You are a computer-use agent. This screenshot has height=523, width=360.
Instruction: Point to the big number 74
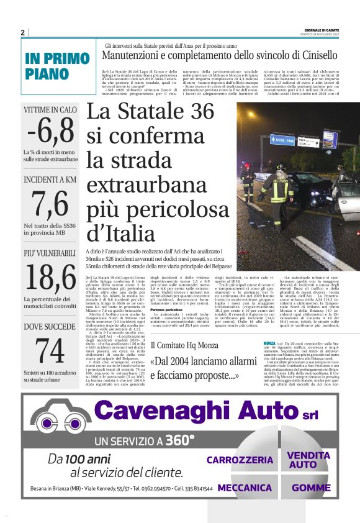50,350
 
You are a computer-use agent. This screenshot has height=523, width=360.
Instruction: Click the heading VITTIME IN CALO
50,110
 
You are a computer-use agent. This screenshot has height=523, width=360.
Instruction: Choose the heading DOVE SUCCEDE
50,327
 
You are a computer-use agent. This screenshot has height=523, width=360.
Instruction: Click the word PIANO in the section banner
48,74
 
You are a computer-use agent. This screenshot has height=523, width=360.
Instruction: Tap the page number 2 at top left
22,32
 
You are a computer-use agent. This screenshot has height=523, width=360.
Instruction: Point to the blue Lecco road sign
282,140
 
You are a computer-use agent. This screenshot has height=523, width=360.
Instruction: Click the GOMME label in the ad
311,488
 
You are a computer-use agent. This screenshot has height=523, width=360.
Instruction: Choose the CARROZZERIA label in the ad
240,460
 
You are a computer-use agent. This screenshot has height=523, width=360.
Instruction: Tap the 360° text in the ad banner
179,440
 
